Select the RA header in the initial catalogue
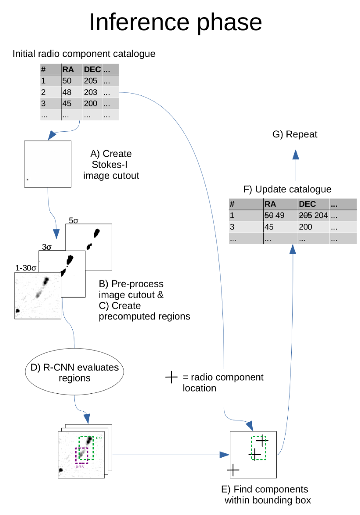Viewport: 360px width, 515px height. click(68, 70)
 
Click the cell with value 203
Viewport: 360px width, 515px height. click(91, 92)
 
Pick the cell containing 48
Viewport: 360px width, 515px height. click(67, 92)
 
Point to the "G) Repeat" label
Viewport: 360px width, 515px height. click(295, 134)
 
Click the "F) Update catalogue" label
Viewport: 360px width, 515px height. click(287, 189)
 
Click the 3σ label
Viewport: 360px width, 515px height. click(46, 247)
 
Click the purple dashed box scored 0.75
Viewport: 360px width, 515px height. click(81, 455)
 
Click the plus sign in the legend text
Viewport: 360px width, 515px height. click(171, 377)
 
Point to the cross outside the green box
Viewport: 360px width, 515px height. click(233, 470)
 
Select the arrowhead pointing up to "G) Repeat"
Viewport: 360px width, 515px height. click(296, 154)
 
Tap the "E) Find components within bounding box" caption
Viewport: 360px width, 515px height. click(267, 494)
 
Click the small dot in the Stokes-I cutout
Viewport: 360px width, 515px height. click(28, 179)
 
